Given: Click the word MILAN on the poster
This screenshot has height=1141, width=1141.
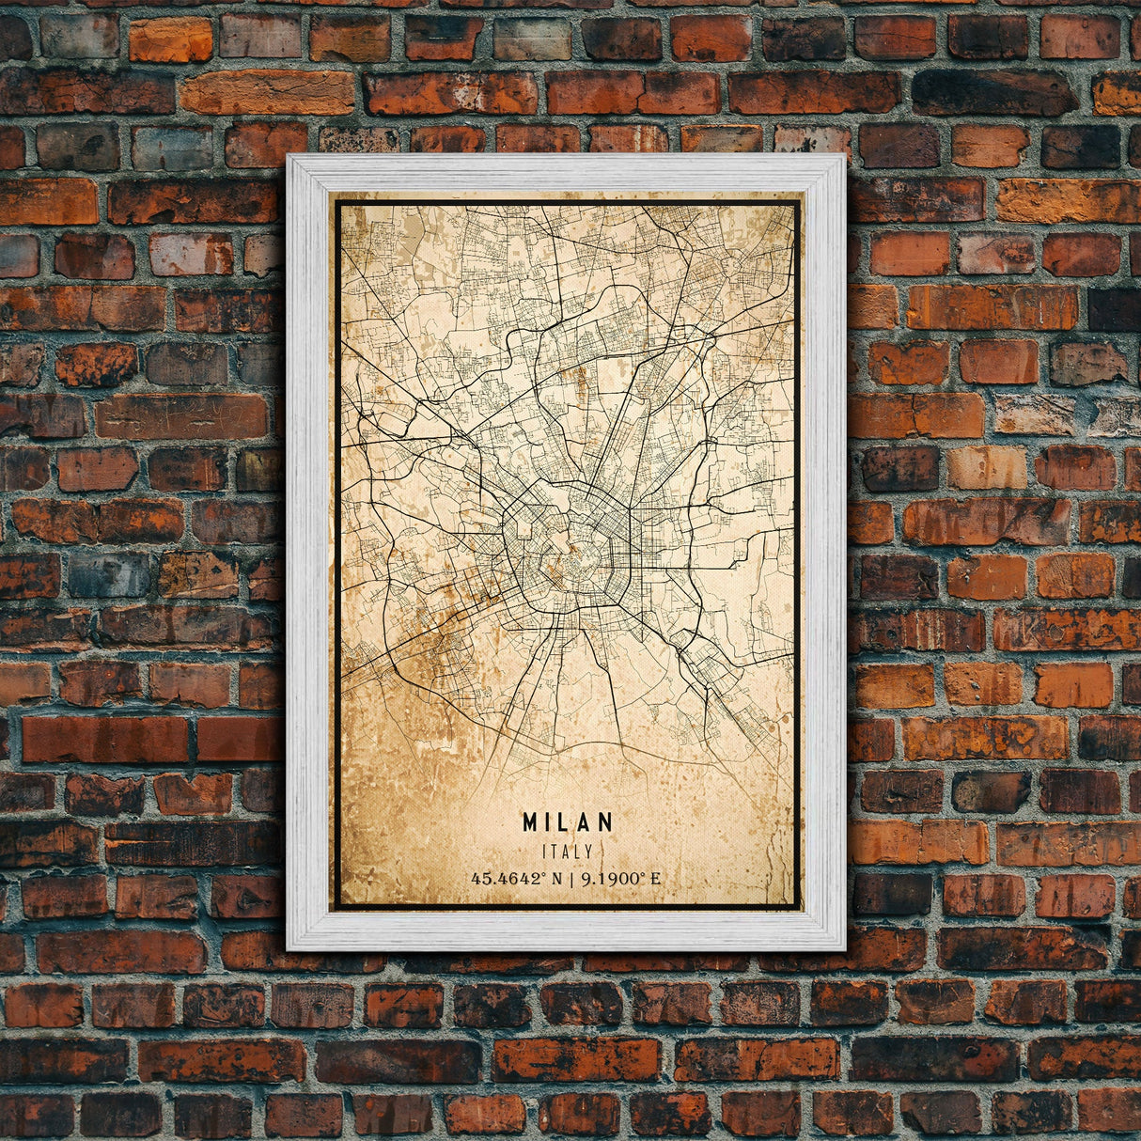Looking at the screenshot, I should coord(568,822).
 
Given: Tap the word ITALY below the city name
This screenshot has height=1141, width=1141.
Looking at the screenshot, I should coord(568,852).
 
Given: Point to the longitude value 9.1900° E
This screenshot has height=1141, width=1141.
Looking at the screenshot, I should coord(621,879).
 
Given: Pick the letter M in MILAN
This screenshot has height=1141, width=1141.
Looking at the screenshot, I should coord(531,822).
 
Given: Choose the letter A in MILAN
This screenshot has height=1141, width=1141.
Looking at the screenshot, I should coord(587,822).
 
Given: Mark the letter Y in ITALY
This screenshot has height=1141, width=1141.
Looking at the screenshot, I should coord(588,852).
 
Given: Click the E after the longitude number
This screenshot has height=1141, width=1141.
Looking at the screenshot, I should coord(655,879).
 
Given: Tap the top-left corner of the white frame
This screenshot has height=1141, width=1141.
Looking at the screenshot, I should coord(289,156).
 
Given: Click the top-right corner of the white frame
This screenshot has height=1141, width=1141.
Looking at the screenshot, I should coord(844,156).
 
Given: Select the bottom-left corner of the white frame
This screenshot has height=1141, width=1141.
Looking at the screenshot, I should coord(289,948).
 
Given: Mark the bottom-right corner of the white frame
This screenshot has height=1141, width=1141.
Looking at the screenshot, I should coord(844,948).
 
